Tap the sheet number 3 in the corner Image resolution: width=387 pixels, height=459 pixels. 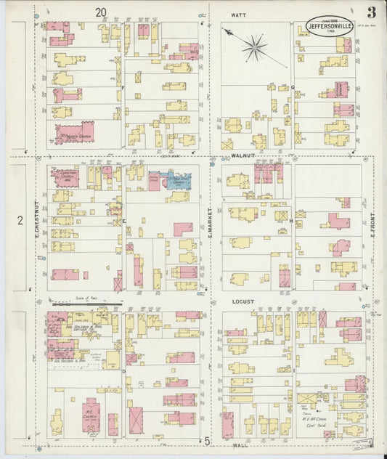point(371,12)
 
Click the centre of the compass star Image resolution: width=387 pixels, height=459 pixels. point(255,49)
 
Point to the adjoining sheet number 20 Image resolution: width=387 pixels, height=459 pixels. point(100,12)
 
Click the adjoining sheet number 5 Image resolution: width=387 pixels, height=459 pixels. point(206,441)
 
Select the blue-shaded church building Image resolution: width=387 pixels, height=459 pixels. point(179,181)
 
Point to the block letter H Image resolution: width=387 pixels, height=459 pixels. point(290,220)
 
